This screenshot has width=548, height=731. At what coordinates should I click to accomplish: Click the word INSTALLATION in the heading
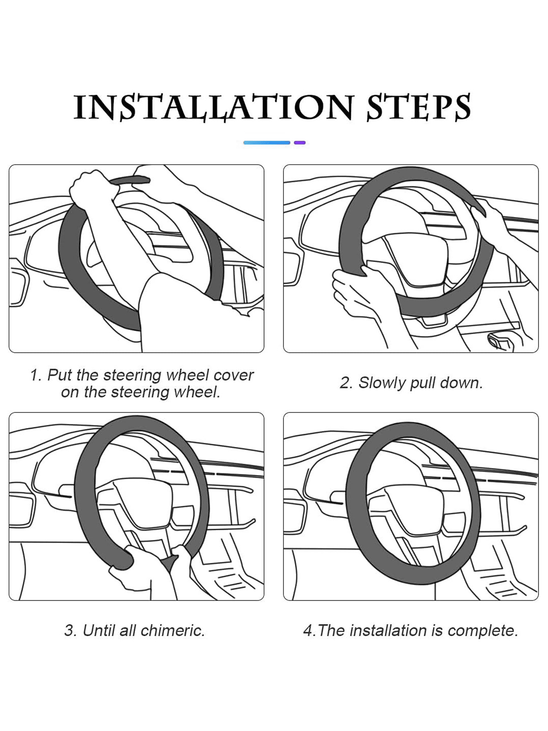click(213, 107)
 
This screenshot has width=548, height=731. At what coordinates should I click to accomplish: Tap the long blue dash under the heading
click(267, 143)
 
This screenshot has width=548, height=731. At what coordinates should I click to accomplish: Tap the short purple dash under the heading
click(300, 143)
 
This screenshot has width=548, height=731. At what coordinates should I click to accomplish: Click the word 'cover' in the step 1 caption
click(234, 375)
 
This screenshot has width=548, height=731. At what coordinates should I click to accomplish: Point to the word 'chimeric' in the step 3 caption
click(172, 630)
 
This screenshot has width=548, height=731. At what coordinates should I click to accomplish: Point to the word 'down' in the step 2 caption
click(464, 383)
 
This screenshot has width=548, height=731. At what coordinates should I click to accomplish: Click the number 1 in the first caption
click(35, 375)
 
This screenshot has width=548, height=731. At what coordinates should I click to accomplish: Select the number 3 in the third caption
click(70, 630)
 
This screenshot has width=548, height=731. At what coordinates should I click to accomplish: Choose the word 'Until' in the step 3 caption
click(99, 630)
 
